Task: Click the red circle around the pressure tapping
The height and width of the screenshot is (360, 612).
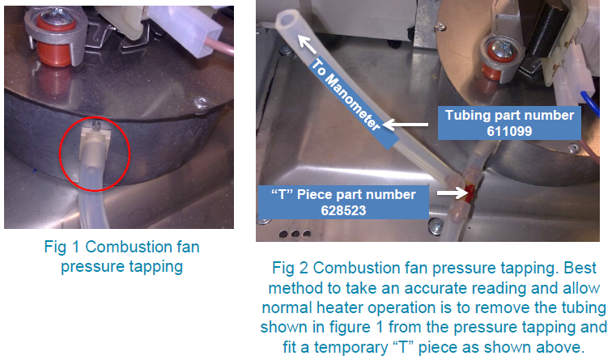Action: click(60, 154)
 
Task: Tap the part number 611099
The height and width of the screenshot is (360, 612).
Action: click(509, 131)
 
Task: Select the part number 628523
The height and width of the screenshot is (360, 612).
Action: click(343, 210)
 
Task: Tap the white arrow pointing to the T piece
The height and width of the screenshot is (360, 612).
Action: click(452, 193)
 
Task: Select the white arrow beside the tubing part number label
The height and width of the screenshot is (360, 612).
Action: click(405, 125)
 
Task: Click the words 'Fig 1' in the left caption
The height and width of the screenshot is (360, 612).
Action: click(62, 247)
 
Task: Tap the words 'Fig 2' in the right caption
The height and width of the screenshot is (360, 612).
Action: click(290, 268)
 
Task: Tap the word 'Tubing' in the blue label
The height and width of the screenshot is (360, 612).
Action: click(467, 116)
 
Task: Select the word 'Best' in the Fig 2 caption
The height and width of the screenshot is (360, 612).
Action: click(580, 268)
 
